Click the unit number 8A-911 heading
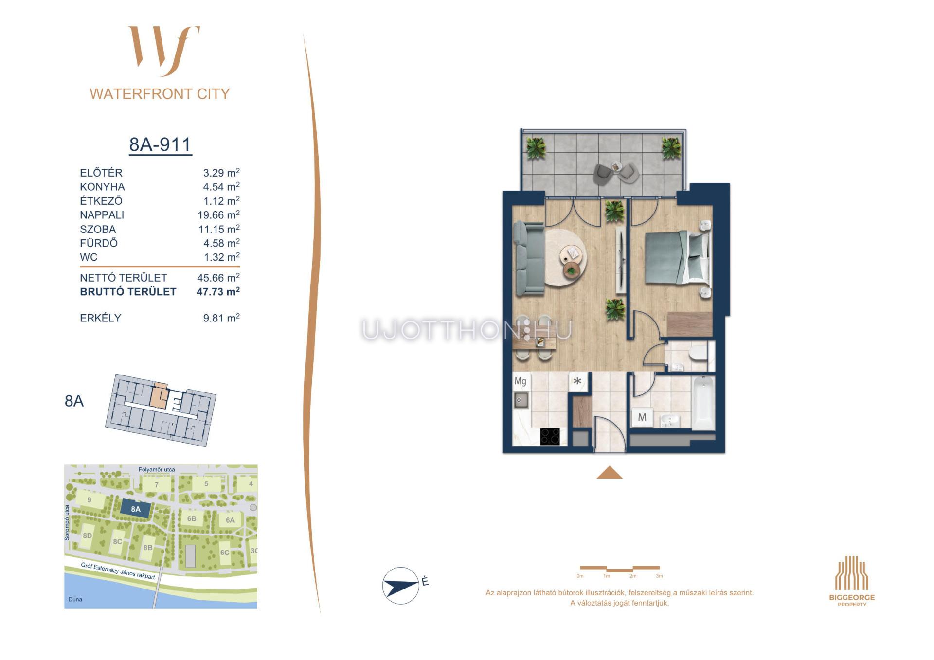pos(160,144)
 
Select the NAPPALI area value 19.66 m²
pos(219,215)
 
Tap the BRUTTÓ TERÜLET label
pos(128,292)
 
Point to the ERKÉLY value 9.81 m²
pos(221,318)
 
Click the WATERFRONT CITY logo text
pos(160,94)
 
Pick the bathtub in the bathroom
pos(703,403)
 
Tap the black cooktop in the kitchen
pos(550,436)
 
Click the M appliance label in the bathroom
pos(642,417)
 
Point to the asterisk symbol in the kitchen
pos(577,382)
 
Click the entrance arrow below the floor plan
pos(610,472)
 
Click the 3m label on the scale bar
pos(659,576)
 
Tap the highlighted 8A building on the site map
pos(135,509)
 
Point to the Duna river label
pos(75,599)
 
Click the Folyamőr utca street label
pos(157,470)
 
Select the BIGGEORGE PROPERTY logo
pos(852,581)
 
